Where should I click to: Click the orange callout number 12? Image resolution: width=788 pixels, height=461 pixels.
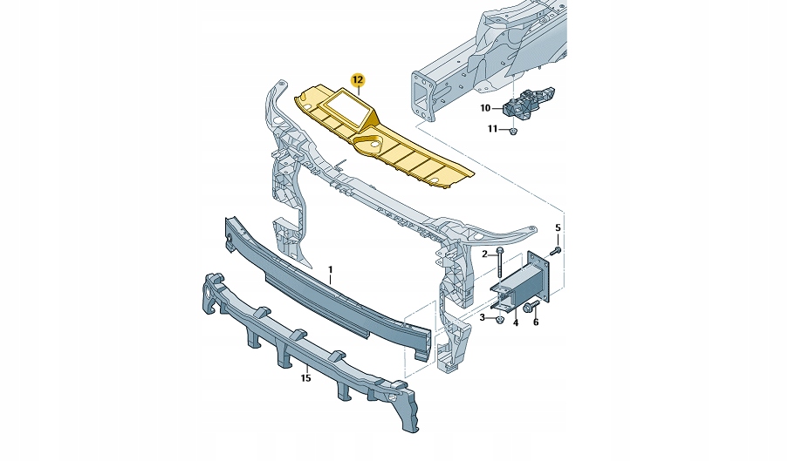click(358, 81)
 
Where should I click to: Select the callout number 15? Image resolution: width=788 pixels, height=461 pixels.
click(305, 377)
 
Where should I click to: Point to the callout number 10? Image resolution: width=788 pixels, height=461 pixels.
click(486, 108)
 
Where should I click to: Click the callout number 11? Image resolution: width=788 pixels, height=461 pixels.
click(492, 129)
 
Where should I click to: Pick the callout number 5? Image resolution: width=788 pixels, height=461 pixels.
click(559, 228)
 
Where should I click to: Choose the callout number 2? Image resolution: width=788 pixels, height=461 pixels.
click(484, 254)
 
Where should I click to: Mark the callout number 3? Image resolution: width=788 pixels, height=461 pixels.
click(482, 317)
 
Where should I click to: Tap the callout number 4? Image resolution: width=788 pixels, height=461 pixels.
click(516, 322)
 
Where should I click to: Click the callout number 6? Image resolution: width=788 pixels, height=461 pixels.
click(536, 322)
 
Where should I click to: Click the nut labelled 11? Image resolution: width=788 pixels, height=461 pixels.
click(513, 131)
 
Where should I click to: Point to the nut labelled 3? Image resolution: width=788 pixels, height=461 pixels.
click(498, 319)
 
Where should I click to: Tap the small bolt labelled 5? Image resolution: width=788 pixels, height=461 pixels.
click(556, 251)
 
